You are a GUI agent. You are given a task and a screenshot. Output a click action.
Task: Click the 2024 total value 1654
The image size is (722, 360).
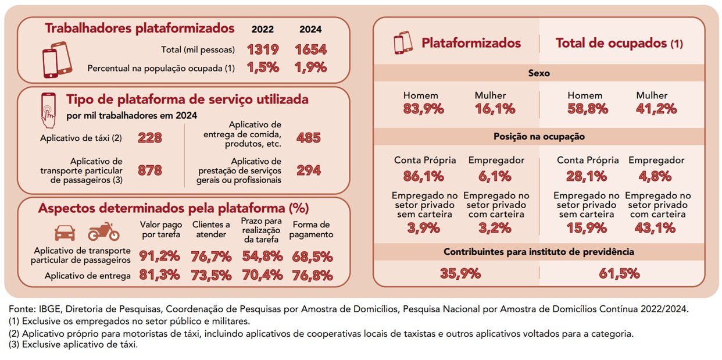pos(310,49)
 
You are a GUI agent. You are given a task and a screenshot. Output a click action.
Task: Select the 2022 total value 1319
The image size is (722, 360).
pos(263,49)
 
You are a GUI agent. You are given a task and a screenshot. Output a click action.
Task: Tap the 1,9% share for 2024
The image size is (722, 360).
pos(310,67)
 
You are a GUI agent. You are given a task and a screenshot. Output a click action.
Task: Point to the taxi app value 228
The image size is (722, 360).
pos(150,138)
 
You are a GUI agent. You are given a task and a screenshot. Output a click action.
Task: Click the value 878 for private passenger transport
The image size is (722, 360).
pos(150,170)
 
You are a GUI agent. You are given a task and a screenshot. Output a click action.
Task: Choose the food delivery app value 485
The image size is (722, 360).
pos(309,138)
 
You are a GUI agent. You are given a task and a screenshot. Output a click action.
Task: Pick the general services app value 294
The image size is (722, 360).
pos(309,170)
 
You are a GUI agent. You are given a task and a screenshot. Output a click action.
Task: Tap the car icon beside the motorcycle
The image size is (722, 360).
pos(65,233)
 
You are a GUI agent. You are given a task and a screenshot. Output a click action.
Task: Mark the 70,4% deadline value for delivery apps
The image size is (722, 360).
pos(262,276)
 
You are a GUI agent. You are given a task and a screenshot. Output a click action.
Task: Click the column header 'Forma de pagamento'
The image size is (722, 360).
pos(312,229)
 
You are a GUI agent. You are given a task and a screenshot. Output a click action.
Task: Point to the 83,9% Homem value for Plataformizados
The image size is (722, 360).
pos(423,109)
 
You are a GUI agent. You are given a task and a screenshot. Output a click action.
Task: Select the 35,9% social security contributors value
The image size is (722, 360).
pos(456,273)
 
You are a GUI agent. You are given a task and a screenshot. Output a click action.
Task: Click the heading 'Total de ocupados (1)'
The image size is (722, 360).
pos(619,43)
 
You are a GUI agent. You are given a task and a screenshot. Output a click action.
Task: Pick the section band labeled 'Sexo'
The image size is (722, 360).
pos(538,74)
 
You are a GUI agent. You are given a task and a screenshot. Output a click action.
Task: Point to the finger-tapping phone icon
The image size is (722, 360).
pos(49,109)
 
